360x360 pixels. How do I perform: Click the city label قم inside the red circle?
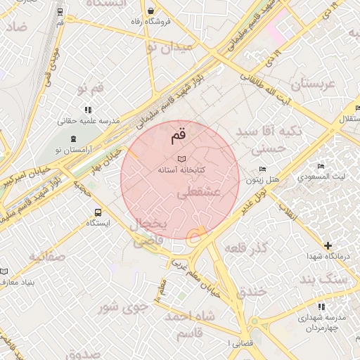click(179, 134)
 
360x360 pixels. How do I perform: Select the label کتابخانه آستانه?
click(181, 170)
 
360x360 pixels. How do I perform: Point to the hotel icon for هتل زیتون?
click(263, 169)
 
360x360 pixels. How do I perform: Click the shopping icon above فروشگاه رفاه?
click(153, 11)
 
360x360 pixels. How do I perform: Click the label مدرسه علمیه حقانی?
click(88, 120)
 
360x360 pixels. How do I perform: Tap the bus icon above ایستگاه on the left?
click(97, 212)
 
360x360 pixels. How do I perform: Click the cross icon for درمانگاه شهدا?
click(328, 245)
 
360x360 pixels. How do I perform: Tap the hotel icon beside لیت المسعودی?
click(321, 166)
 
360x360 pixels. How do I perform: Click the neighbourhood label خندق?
click(252, 290)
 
